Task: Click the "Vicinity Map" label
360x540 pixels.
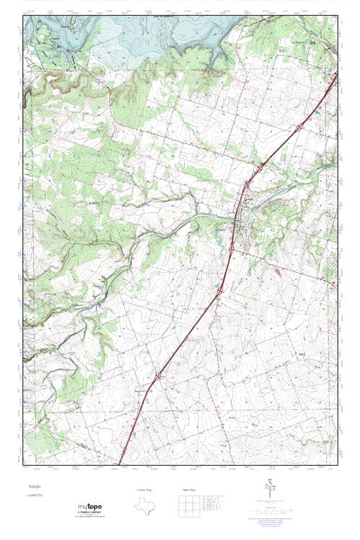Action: tap(145, 490)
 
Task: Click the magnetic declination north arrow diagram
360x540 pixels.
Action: tap(270, 489)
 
